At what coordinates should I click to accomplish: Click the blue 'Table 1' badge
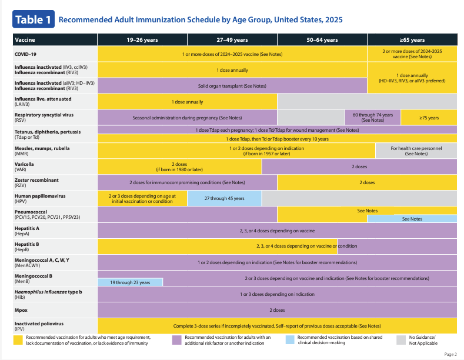pyautogui.click(x=34, y=19)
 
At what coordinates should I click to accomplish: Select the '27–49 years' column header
pyautogui.click(x=232, y=39)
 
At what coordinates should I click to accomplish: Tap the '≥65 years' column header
pyautogui.click(x=412, y=39)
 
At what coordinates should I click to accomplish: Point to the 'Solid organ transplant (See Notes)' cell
pyautogui.click(x=232, y=86)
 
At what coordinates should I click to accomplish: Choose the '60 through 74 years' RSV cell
pyautogui.click(x=373, y=118)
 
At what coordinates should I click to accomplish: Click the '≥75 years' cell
pyautogui.click(x=429, y=118)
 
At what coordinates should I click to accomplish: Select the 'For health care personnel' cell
pyautogui.click(x=416, y=151)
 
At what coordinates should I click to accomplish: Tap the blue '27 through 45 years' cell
pyautogui.click(x=224, y=198)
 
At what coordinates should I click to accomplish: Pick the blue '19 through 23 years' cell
pyautogui.click(x=130, y=282)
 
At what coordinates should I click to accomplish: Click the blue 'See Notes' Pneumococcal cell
pyautogui.click(x=412, y=219)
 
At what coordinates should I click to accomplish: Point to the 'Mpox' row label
pyautogui.click(x=21, y=310)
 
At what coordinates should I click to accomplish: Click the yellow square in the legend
pyautogui.click(x=18, y=340)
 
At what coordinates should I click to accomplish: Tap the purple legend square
pyautogui.click(x=176, y=340)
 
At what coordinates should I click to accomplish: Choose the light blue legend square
pyautogui.click(x=290, y=339)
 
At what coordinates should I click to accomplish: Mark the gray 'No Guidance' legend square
pyautogui.click(x=401, y=340)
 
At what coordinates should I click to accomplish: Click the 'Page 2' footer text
pyautogui.click(x=450, y=354)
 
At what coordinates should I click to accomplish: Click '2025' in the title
pyautogui.click(x=334, y=20)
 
